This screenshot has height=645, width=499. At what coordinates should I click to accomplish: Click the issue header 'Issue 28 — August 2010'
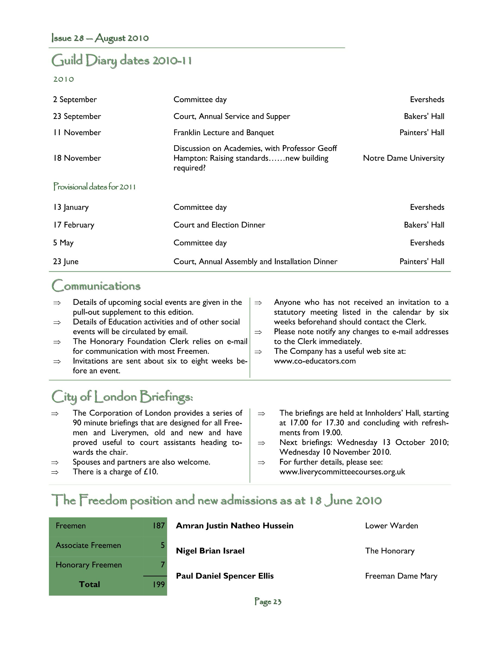[100, 38]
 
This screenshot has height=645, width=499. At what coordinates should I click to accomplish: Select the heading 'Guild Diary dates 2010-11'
[121, 61]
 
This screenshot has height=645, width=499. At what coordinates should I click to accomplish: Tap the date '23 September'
[77, 116]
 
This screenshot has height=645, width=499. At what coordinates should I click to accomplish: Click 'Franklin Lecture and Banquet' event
[223, 132]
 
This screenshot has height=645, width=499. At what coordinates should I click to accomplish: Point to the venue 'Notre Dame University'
[403, 158]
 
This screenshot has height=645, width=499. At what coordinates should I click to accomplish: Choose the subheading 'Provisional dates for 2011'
[94, 187]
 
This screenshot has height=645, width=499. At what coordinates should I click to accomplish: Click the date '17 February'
[74, 225]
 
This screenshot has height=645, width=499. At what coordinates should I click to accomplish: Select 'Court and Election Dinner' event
[219, 225]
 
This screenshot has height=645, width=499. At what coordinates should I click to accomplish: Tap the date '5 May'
[63, 243]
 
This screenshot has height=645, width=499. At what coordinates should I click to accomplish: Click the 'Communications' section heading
[96, 286]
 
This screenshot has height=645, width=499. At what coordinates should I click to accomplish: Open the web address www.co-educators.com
[314, 361]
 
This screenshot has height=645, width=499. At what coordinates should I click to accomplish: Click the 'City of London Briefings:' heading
[122, 397]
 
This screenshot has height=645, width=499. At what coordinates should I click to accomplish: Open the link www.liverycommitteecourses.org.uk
[342, 472]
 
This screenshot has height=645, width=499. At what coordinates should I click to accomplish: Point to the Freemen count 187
[158, 526]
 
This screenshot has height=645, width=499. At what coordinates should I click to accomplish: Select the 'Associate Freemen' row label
[88, 545]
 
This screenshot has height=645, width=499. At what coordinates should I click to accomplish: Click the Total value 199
[158, 584]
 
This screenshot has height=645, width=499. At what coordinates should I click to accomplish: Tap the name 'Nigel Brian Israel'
[210, 551]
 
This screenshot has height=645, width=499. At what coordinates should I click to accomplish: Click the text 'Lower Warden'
[391, 526]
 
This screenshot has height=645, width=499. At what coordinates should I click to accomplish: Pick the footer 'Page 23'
[268, 602]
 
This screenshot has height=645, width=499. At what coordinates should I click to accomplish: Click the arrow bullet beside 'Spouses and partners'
[55, 463]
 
